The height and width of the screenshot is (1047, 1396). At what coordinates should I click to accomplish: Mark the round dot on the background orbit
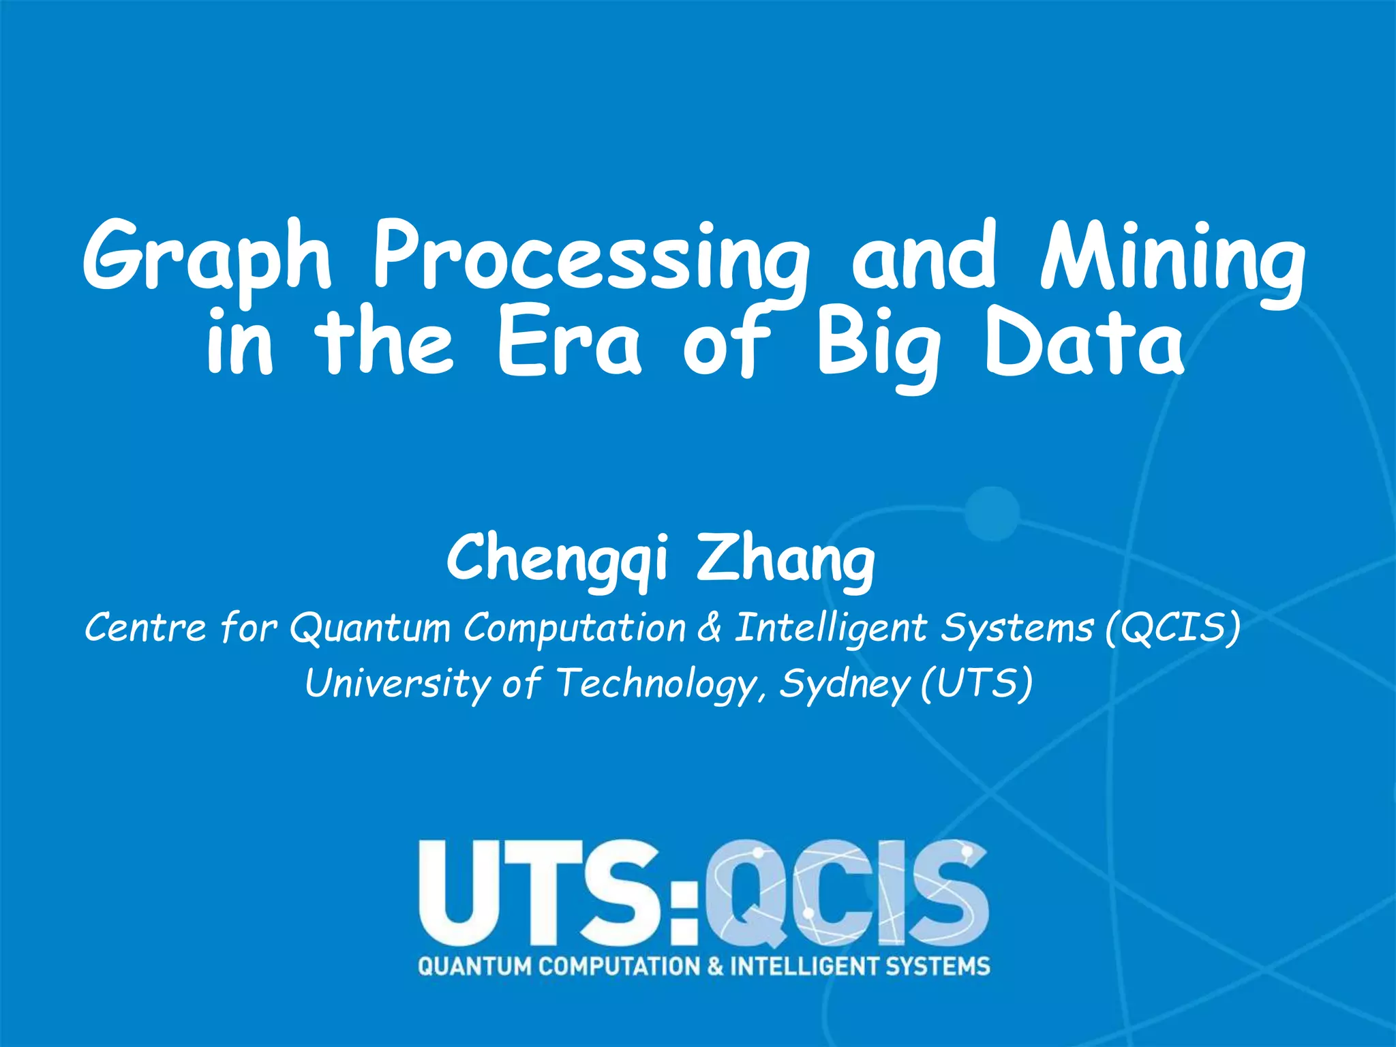(x=992, y=513)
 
